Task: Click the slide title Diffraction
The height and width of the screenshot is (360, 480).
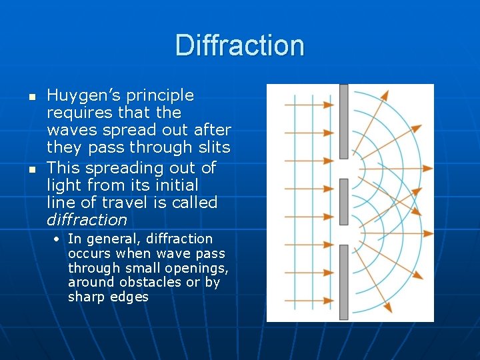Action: point(240,45)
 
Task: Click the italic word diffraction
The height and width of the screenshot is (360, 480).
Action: point(87,220)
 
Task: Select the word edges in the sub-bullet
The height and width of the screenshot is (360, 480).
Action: point(130,297)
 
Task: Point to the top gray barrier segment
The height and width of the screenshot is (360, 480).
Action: point(343,121)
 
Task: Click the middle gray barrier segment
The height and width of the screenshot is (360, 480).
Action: point(343,201)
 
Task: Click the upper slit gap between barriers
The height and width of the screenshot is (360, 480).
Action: point(343,169)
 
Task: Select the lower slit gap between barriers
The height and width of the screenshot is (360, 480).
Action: point(343,235)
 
